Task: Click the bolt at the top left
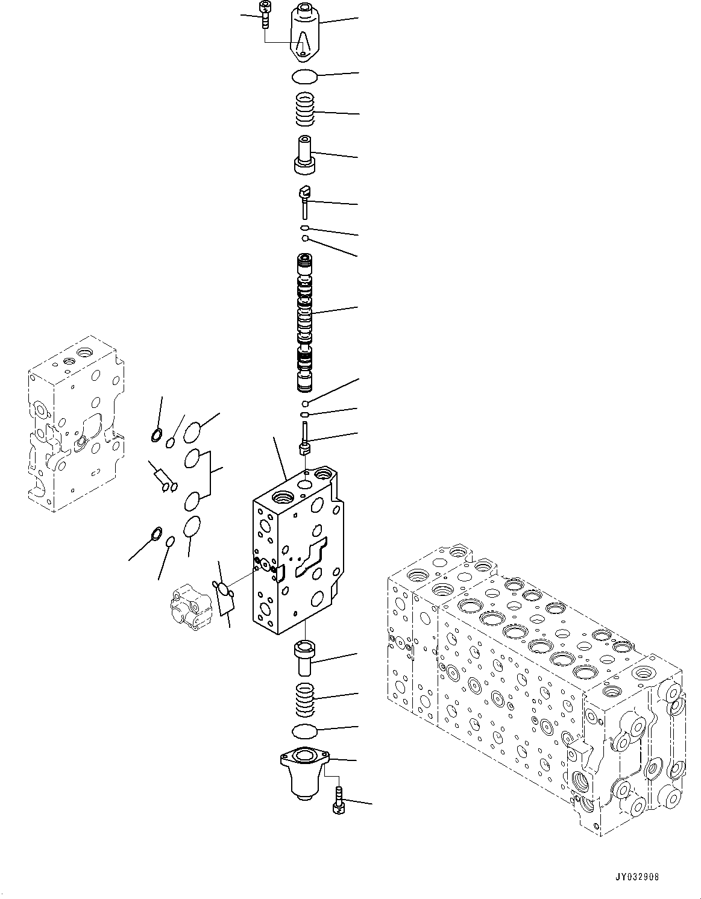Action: [263, 14]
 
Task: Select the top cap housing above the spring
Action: [307, 33]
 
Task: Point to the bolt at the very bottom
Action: [338, 800]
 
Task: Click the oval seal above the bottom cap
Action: [306, 731]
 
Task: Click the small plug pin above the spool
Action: [306, 199]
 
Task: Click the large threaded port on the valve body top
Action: [283, 498]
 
